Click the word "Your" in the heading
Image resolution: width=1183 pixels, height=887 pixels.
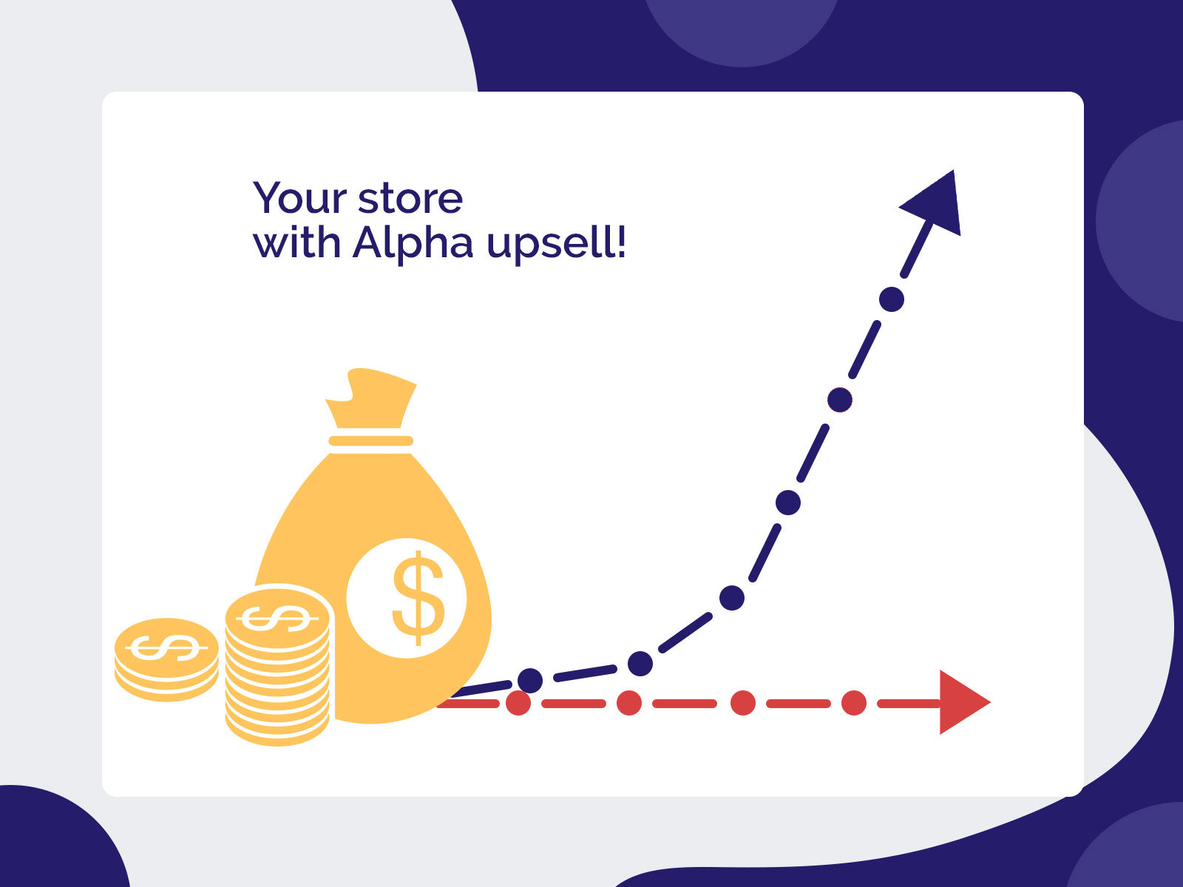click(299, 198)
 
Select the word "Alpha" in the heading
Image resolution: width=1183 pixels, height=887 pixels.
click(413, 243)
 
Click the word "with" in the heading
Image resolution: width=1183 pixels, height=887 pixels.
click(297, 242)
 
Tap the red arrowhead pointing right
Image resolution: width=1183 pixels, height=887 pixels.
click(966, 702)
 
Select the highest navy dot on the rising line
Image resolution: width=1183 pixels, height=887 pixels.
click(892, 299)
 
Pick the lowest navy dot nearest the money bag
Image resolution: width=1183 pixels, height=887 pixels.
click(530, 681)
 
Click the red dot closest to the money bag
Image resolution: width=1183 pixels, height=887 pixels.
click(518, 703)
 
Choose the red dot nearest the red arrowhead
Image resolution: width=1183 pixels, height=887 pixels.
click(854, 703)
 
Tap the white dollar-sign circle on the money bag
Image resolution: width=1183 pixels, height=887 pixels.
click(407, 598)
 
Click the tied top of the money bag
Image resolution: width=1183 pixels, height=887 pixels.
click(371, 398)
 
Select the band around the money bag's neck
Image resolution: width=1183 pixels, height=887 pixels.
click(371, 441)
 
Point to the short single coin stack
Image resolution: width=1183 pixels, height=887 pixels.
click(166, 659)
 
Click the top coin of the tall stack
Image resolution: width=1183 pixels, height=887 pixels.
click(277, 616)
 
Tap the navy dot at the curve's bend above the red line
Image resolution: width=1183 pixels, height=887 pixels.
click(640, 663)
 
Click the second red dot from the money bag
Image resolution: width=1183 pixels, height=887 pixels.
click(629, 703)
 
